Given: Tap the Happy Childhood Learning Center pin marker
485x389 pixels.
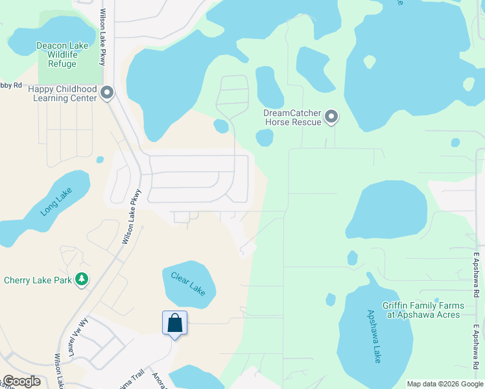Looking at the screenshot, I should pyautogui.click(x=108, y=94).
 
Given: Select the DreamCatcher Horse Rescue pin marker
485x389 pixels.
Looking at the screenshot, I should pyautogui.click(x=331, y=117).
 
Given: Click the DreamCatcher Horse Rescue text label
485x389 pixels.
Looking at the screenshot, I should pyautogui.click(x=292, y=117).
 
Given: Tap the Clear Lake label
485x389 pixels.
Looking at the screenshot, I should pyautogui.click(x=188, y=284).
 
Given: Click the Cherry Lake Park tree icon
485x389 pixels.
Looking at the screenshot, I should pyautogui.click(x=82, y=279).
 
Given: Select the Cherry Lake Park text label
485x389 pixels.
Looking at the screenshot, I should pyautogui.click(x=38, y=281).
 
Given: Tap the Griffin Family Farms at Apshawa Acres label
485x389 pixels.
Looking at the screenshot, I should pyautogui.click(x=423, y=311).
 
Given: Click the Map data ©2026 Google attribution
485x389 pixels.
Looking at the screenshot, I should pyautogui.click(x=444, y=384).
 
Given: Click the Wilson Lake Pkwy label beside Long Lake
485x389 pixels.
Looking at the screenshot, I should pyautogui.click(x=130, y=217).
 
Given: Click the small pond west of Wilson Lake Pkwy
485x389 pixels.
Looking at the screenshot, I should pyautogui.click(x=100, y=159).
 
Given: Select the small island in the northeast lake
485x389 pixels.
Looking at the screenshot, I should pyautogui.click(x=369, y=62).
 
